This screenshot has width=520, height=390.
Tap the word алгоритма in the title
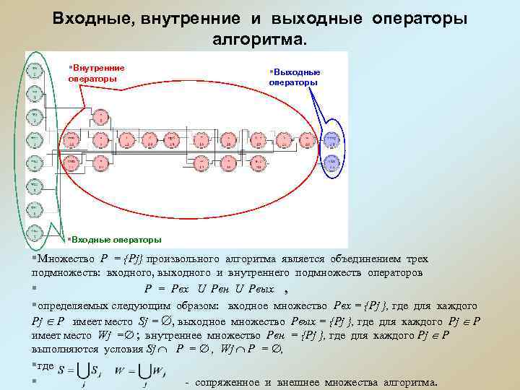[x=259, y=38]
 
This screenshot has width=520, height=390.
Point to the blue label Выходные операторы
[x=295, y=77]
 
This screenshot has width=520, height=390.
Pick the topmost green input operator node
[x=35, y=70]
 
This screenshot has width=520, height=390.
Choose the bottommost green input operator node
[x=35, y=233]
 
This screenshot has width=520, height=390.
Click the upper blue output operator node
[x=331, y=138]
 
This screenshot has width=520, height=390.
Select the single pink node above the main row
[x=100, y=116]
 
